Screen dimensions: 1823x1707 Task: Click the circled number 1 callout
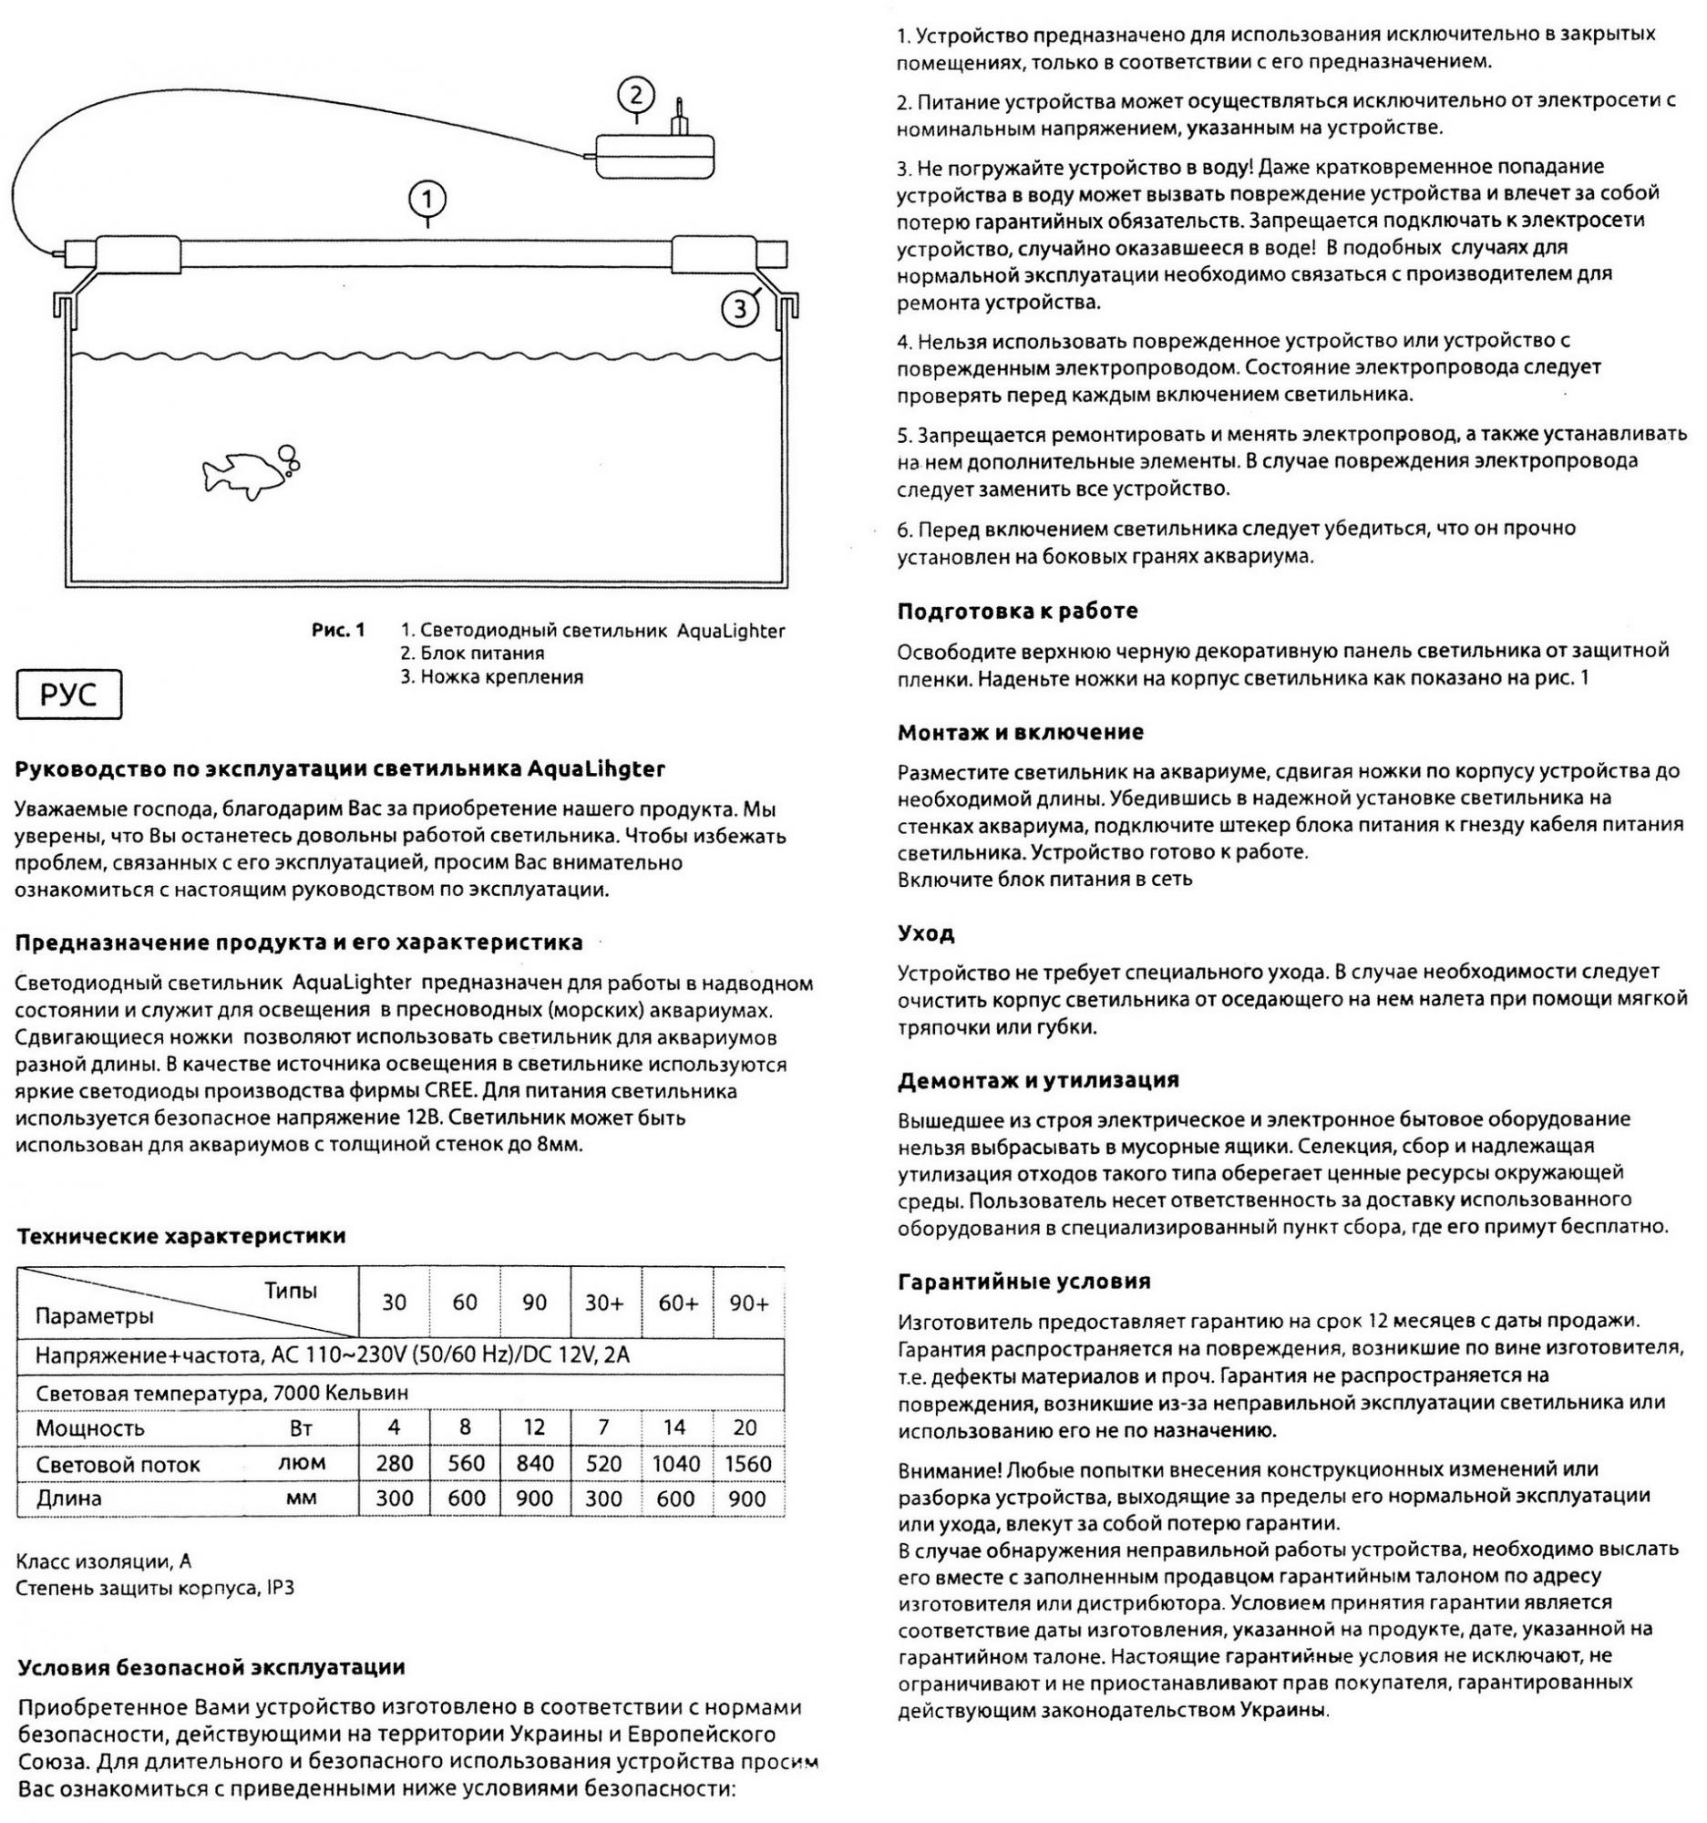(x=427, y=198)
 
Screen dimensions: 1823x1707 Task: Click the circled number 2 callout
(x=636, y=96)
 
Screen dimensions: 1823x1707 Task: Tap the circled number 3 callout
(x=739, y=310)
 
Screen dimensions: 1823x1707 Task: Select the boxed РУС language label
(x=68, y=696)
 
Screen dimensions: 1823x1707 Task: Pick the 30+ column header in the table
(x=604, y=1303)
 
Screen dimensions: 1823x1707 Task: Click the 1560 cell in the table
(x=748, y=1464)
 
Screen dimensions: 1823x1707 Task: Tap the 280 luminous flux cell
(x=395, y=1464)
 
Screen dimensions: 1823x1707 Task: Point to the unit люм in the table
(x=302, y=1463)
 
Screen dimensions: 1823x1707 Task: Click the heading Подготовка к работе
(x=1018, y=611)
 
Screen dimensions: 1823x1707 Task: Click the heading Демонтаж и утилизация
(x=1038, y=1080)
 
